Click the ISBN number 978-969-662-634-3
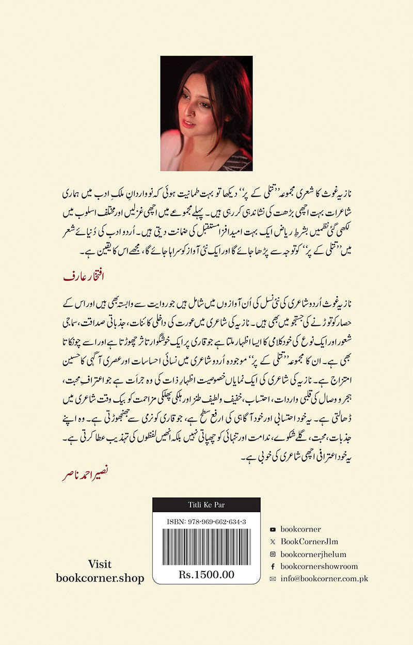pyautogui.click(x=206, y=522)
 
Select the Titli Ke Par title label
pyautogui.click(x=206, y=505)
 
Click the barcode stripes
pyautogui.click(x=206, y=547)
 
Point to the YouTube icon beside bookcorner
pyautogui.click(x=273, y=529)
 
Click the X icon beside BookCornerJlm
pyautogui.click(x=273, y=542)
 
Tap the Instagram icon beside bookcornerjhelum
pyautogui.click(x=273, y=554)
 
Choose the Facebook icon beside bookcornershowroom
pyautogui.click(x=273, y=567)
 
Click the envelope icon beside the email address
pyautogui.click(x=273, y=579)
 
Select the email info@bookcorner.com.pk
pyautogui.click(x=324, y=579)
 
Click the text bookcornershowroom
pyautogui.click(x=319, y=567)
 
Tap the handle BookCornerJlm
pyautogui.click(x=310, y=542)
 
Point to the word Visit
pyautogui.click(x=100, y=564)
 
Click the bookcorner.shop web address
pyautogui.click(x=100, y=578)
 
